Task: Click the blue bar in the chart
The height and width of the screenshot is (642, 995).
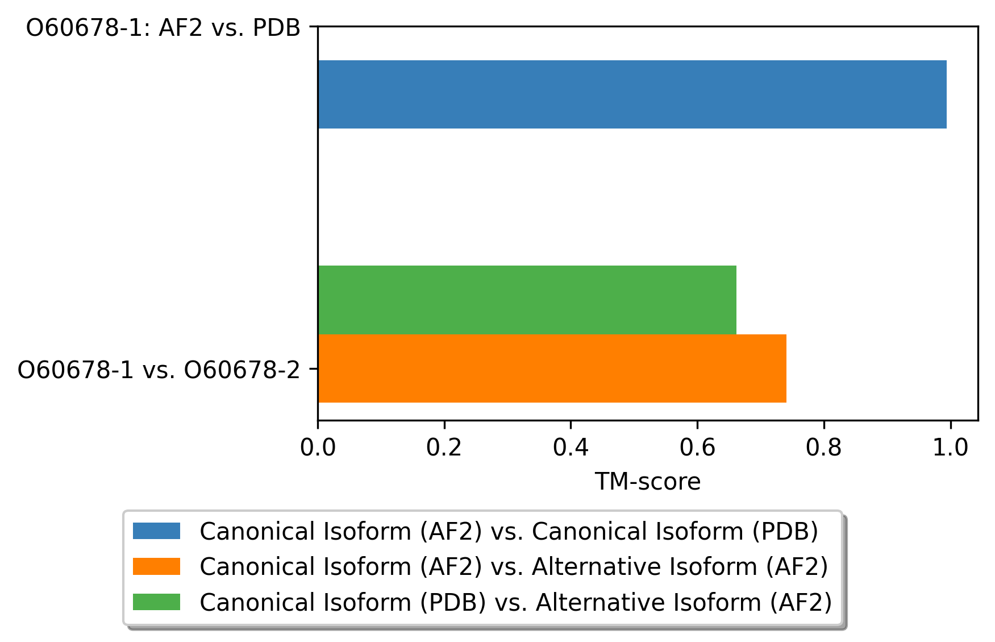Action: [632, 94]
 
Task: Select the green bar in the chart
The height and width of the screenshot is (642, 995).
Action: [527, 300]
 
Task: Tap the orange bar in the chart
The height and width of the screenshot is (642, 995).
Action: [552, 368]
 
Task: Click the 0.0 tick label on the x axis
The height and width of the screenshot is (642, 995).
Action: [318, 448]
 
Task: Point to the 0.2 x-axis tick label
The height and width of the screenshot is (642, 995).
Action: [444, 448]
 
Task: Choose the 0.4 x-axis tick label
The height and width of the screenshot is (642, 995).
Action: [571, 448]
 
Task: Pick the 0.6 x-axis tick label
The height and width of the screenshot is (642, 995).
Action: [697, 448]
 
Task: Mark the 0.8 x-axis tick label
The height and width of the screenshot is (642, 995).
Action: [823, 448]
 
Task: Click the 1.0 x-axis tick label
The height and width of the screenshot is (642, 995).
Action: [950, 448]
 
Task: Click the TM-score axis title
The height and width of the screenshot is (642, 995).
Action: [648, 482]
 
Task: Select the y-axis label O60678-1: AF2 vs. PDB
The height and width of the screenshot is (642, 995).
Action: [163, 28]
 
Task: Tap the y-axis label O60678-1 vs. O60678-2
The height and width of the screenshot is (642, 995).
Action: [159, 370]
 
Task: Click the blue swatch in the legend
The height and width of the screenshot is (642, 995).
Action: [156, 531]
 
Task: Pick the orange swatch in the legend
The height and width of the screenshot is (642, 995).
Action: [156, 566]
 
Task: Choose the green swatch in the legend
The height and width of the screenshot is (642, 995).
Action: [156, 602]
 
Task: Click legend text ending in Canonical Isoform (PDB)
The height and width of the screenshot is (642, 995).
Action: [509, 532]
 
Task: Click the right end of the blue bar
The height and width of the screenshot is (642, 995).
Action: [947, 94]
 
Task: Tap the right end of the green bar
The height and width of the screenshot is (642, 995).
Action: [736, 300]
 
